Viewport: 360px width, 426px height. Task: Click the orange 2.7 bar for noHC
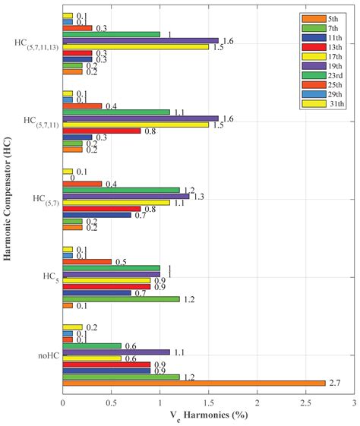[194, 383]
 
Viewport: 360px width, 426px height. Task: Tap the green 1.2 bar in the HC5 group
[121, 298]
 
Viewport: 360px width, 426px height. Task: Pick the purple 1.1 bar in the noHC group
[116, 352]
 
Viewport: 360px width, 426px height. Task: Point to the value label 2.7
[334, 383]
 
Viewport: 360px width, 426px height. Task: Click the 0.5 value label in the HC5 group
[121, 262]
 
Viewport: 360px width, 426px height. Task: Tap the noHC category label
[45, 355]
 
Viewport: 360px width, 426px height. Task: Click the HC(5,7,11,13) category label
[34, 43]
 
